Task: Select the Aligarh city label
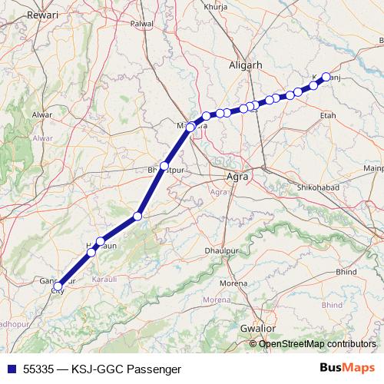[x=246, y=66]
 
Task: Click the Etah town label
[x=328, y=114]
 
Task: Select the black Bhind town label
[x=346, y=271]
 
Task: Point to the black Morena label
[x=233, y=283]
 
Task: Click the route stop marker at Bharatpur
[x=164, y=166]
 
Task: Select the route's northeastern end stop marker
[x=326, y=77]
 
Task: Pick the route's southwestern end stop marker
[x=58, y=286]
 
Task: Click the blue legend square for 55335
[x=10, y=369]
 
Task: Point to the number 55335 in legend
[x=40, y=369]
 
